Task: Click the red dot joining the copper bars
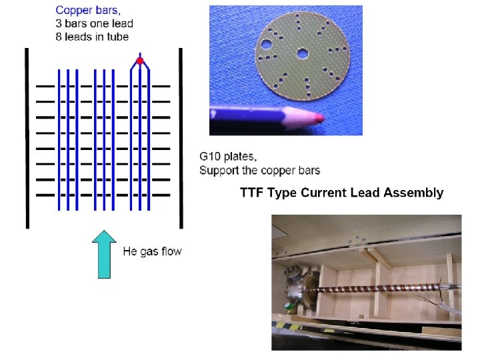[x=140, y=61]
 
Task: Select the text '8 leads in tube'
[x=93, y=36]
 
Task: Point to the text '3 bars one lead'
[x=94, y=23]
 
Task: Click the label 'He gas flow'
[x=152, y=251]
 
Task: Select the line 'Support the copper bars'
[x=259, y=170]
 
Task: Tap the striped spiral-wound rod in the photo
[x=380, y=292]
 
